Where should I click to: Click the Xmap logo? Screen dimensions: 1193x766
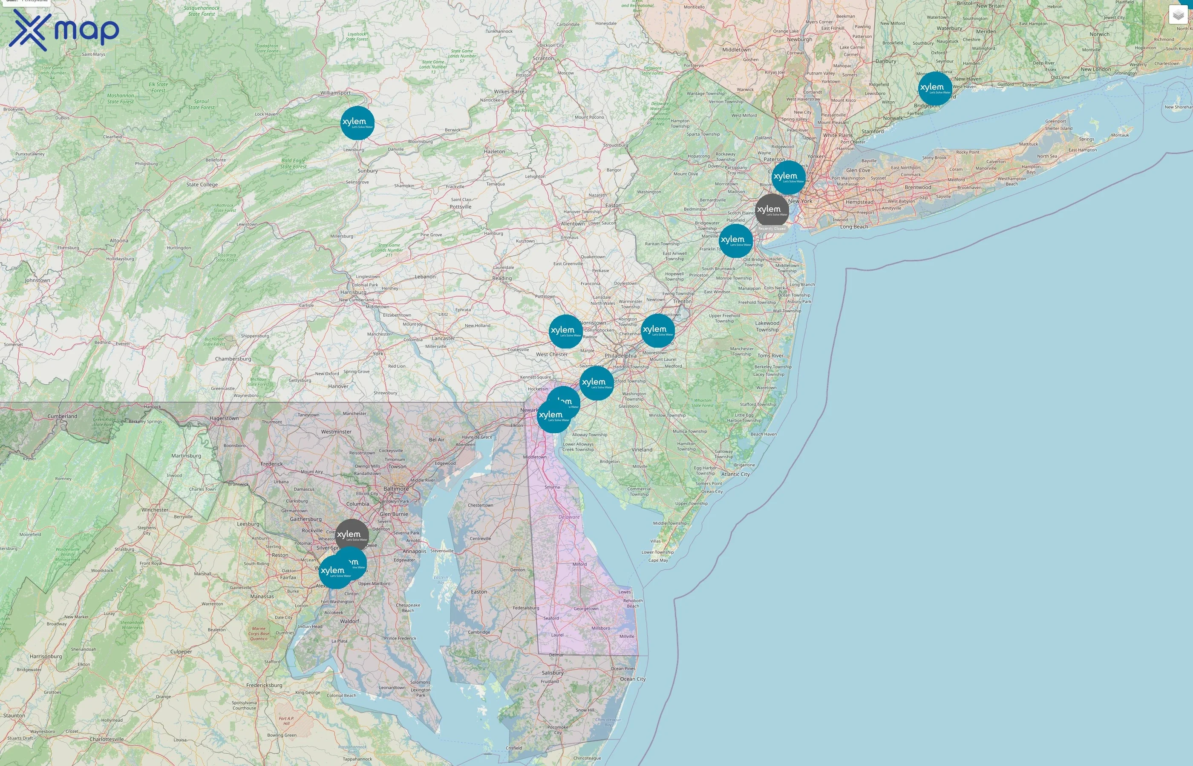[x=64, y=30]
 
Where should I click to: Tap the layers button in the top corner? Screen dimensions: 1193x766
[x=1178, y=15]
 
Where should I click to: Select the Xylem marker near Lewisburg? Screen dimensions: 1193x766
[x=357, y=123]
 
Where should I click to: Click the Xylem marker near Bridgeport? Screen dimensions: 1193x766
[x=934, y=89]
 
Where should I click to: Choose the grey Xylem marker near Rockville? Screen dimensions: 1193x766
[x=352, y=536]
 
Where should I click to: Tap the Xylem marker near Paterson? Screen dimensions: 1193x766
[x=788, y=177]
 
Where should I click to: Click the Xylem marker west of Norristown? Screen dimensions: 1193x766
[x=565, y=331]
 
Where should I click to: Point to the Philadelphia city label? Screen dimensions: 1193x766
[x=620, y=356]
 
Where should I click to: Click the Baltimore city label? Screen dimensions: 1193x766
[x=396, y=489]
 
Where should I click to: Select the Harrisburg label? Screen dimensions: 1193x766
[x=353, y=292]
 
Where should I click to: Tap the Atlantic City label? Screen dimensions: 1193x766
[x=735, y=474]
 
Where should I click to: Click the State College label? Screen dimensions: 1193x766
[x=202, y=185]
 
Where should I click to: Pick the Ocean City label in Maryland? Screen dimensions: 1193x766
[x=632, y=679]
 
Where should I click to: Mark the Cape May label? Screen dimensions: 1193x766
[x=658, y=560]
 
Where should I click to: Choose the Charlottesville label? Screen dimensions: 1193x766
[x=107, y=739]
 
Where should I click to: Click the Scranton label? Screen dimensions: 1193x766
[x=543, y=58]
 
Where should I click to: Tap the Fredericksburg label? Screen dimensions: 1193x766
[x=264, y=685]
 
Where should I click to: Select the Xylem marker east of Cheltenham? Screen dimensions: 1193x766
[x=657, y=330]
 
